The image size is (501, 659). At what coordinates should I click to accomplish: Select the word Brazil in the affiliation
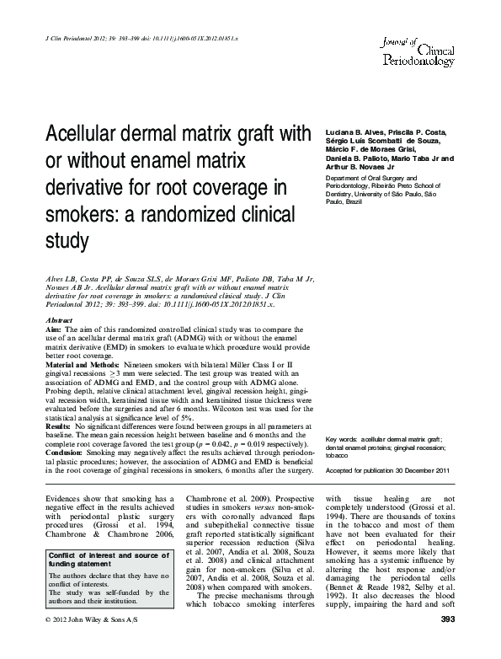pos(354,202)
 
